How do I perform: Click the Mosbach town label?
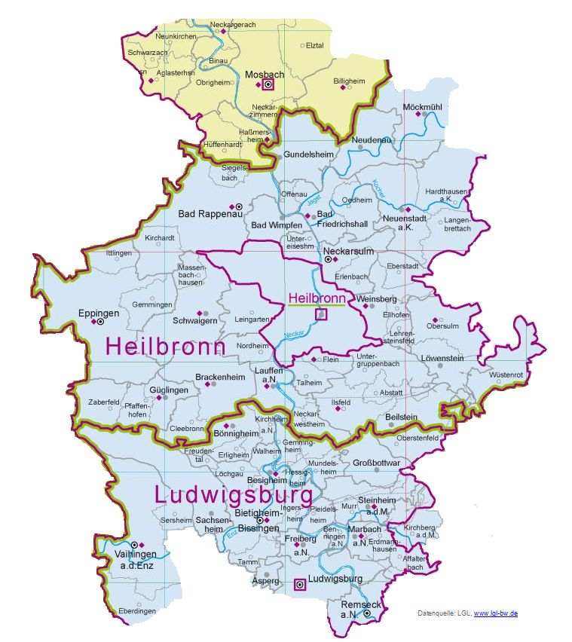coord(264,75)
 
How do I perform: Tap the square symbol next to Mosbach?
coord(268,86)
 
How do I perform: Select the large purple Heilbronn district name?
coord(166,346)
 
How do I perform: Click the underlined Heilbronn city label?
coord(316,299)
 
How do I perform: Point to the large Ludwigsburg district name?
coord(233,496)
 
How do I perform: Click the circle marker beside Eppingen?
coord(100,322)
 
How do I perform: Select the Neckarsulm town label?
coord(349,250)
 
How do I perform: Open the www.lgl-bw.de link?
coord(495,614)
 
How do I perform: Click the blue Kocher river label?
coord(378,188)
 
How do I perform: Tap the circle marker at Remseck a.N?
coord(367,613)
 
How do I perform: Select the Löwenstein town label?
coord(442,358)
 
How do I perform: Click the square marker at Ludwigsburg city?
coord(299,583)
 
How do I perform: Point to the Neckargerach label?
coord(234,24)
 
